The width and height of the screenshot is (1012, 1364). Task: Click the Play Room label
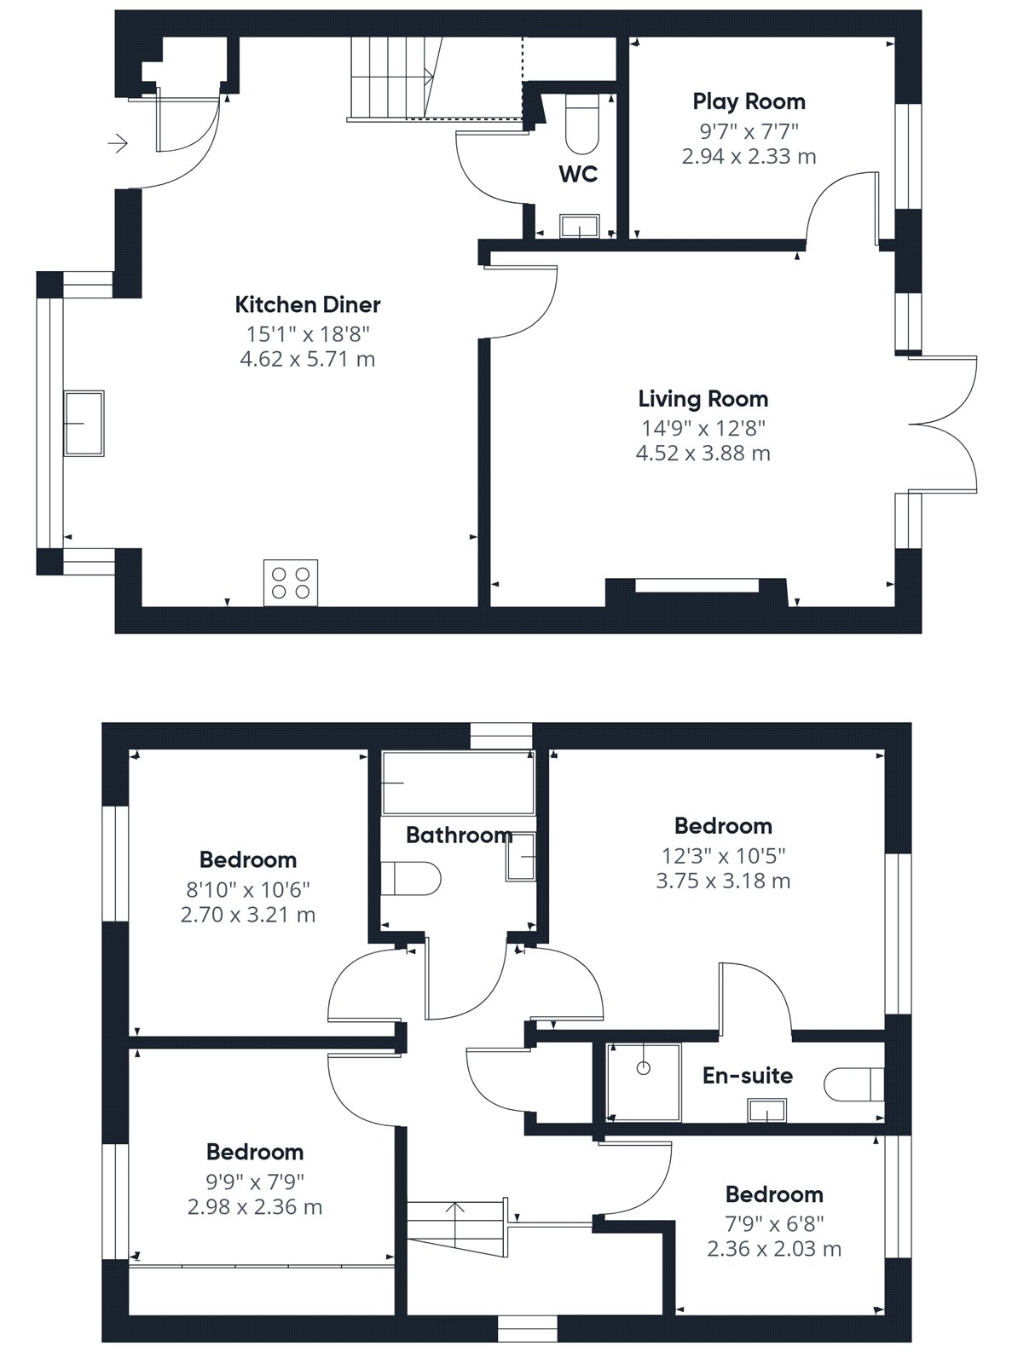point(749,101)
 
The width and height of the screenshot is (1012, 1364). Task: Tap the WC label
point(578,174)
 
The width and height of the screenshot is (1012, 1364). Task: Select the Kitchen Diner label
point(308,304)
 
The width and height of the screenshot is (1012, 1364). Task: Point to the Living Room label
point(703,399)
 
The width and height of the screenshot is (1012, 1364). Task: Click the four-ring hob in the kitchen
point(291,583)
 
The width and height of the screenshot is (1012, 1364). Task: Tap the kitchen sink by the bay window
point(84,423)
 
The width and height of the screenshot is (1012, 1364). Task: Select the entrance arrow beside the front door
point(118,145)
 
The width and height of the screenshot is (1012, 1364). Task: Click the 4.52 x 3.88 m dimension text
point(703,454)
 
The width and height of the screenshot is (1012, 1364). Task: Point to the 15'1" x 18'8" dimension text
point(308,334)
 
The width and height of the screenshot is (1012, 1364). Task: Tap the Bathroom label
point(459,835)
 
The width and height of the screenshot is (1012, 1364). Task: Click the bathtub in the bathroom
point(459,783)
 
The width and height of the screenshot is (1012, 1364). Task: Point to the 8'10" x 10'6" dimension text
point(248,889)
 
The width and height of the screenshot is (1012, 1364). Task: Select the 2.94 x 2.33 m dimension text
point(749,156)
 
